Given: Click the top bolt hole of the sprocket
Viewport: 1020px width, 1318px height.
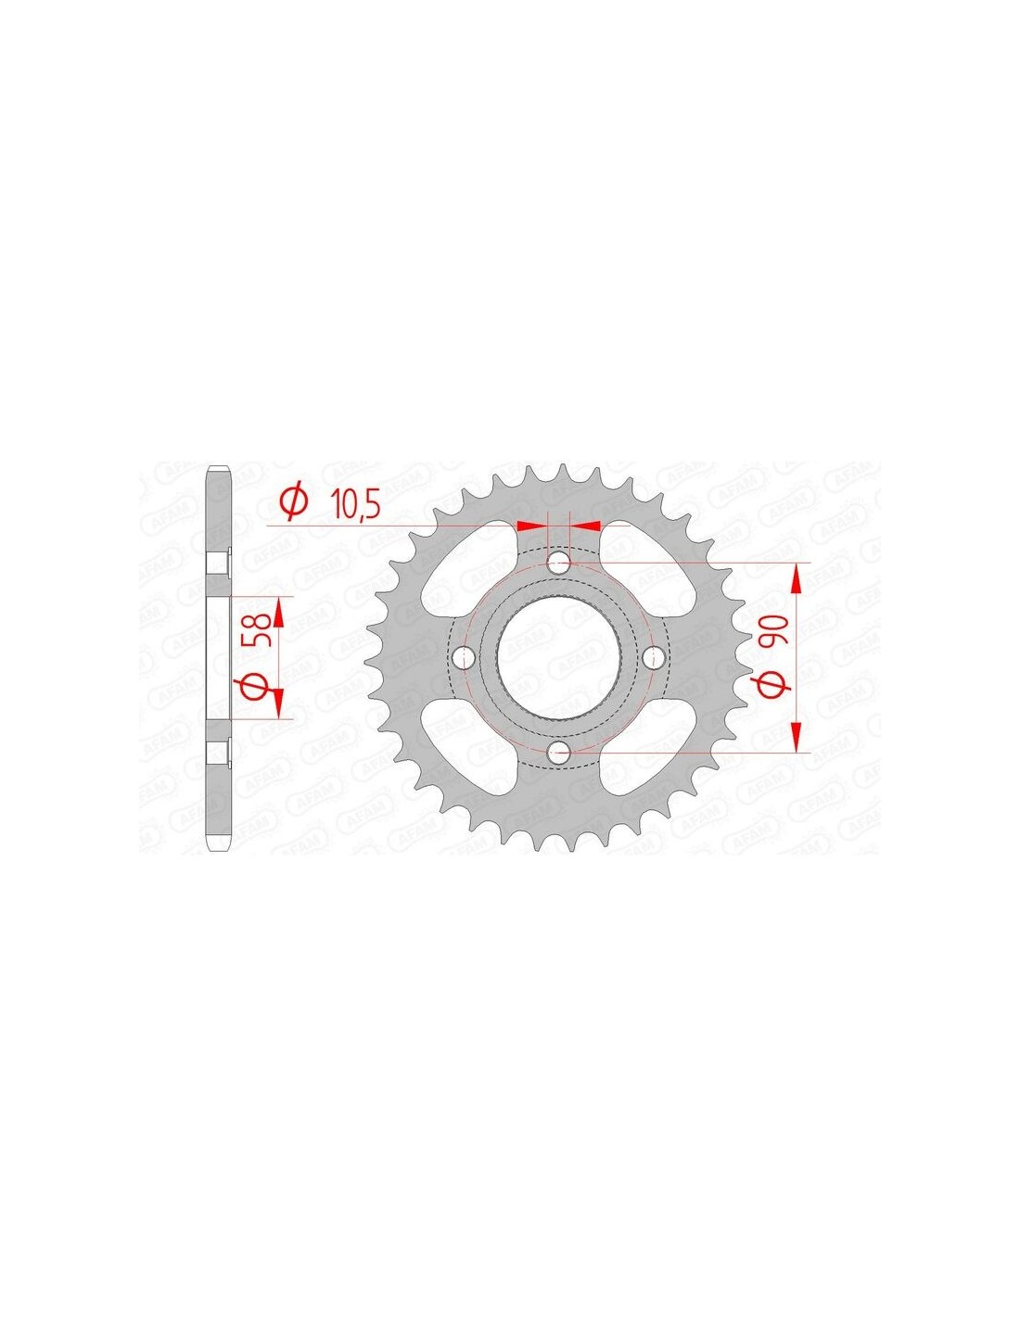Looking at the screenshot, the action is [x=558, y=563].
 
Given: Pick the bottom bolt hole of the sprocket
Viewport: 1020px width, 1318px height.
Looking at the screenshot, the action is [x=558, y=754].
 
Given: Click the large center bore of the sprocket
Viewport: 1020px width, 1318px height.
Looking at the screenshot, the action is [x=558, y=657].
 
